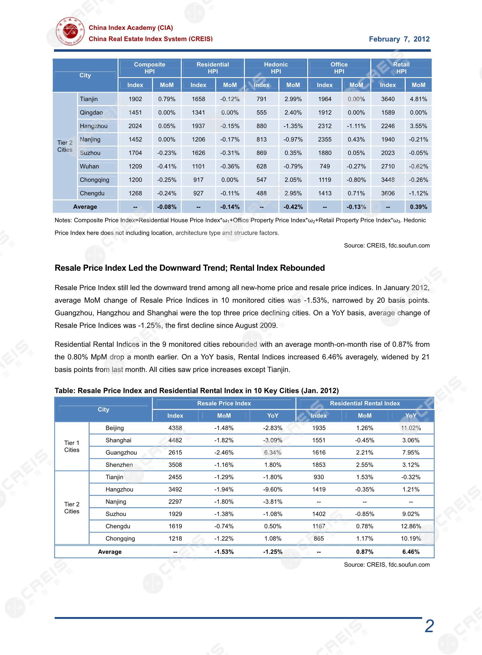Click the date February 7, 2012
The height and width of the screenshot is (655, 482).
pyautogui.click(x=399, y=39)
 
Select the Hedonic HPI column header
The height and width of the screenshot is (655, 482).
pyautogui.click(x=276, y=68)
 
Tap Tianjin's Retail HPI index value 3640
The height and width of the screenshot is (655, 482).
pyautogui.click(x=387, y=99)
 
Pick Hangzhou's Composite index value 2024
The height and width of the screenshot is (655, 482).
pyautogui.click(x=135, y=126)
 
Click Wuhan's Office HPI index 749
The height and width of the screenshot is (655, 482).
pyautogui.click(x=324, y=166)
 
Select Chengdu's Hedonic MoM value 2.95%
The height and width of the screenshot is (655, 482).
pyautogui.click(x=293, y=193)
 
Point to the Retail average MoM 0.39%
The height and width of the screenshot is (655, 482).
pyautogui.click(x=418, y=207)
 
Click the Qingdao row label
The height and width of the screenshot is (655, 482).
pyautogui.click(x=91, y=113)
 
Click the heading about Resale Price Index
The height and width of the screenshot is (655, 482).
pyautogui.click(x=189, y=268)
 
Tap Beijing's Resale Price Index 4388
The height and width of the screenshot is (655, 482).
pyautogui.click(x=175, y=428)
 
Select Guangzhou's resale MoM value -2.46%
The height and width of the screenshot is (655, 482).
pyautogui.click(x=224, y=452)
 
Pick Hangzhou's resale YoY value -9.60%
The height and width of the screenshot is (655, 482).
pyautogui.click(x=273, y=489)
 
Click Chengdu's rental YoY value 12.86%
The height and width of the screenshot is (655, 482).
pyautogui.click(x=411, y=526)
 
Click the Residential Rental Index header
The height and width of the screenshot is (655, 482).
pyautogui.click(x=365, y=403)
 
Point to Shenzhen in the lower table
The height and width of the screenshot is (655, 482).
pyautogui.click(x=119, y=465)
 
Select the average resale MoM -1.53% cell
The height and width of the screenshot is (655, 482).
pyautogui.click(x=224, y=552)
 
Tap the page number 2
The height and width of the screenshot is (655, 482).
pyautogui.click(x=429, y=626)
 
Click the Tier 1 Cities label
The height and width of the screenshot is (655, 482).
pyautogui.click(x=72, y=446)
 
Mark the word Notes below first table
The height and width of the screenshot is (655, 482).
pyautogui.click(x=63, y=220)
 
